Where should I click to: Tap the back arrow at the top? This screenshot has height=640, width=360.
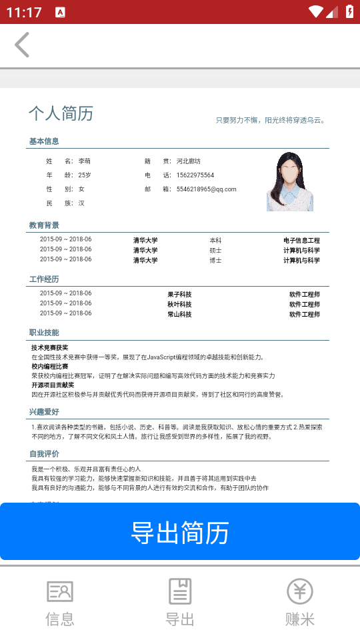[22, 45]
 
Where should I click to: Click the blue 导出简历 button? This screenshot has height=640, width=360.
[180, 532]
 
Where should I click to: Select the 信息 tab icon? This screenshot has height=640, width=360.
[60, 591]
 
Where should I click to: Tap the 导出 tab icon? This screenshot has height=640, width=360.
[180, 591]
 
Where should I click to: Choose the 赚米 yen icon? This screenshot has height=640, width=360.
[299, 591]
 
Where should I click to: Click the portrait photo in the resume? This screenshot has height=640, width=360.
[290, 182]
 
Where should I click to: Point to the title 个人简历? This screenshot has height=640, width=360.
[61, 113]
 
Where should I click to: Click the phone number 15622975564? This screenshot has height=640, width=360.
[195, 175]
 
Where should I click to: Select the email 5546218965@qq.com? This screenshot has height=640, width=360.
[207, 189]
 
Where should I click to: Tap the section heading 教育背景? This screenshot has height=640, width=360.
[44, 225]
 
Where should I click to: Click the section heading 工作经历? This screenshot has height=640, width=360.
[44, 279]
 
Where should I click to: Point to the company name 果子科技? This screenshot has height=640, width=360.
[179, 294]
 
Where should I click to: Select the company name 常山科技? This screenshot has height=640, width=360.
[179, 314]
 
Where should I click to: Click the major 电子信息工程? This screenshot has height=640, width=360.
[301, 240]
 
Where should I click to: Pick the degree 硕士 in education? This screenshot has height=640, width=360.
[215, 251]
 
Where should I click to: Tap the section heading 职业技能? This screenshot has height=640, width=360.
[44, 332]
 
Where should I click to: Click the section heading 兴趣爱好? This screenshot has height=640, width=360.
[44, 412]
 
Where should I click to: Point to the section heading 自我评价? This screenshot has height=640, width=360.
[44, 453]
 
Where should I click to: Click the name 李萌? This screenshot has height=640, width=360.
[85, 161]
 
